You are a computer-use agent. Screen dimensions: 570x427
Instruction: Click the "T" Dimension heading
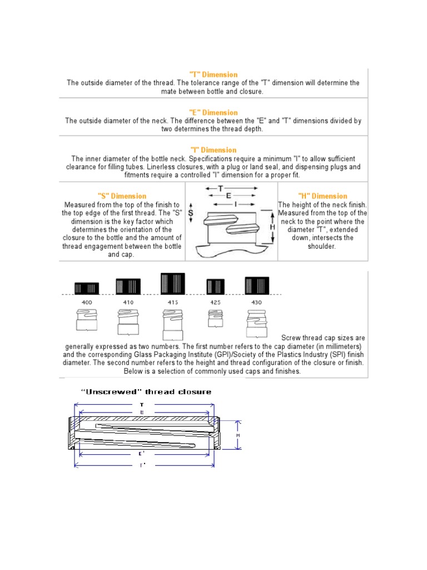coord(213,75)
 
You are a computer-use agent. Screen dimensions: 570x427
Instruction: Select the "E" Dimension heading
coord(213,112)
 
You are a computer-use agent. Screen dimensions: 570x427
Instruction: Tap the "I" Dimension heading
coord(213,150)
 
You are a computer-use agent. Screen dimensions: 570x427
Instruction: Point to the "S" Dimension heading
coord(122,196)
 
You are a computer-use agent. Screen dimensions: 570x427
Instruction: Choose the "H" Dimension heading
coord(322,196)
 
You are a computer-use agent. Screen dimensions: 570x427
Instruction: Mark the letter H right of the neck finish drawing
coord(272,227)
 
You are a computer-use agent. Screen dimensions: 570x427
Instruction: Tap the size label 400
coord(86,302)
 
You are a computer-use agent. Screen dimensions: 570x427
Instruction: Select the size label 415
coord(173,302)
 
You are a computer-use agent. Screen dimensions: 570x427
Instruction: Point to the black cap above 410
coord(128,286)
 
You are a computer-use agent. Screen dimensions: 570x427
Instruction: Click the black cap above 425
coord(215,287)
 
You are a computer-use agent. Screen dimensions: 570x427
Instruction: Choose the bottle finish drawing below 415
coord(172,323)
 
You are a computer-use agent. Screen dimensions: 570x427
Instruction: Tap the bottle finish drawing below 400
coord(86,321)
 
